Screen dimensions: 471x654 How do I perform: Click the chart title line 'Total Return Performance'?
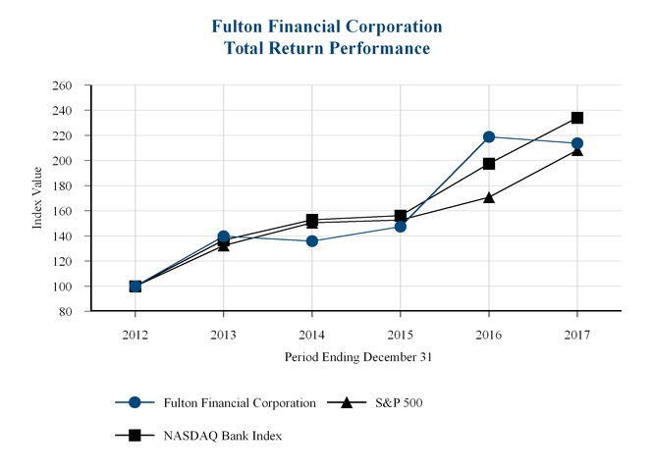click(327, 47)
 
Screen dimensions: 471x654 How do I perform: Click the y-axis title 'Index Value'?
click(38, 198)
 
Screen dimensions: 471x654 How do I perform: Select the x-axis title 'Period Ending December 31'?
click(358, 357)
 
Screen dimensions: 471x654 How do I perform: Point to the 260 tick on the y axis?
click(62, 85)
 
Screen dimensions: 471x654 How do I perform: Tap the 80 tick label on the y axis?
click(66, 312)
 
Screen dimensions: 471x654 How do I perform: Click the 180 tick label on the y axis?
click(62, 186)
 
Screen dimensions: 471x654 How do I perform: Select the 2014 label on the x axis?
click(312, 334)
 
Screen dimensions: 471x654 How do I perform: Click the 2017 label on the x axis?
click(577, 334)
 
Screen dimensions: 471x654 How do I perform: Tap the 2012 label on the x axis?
click(136, 334)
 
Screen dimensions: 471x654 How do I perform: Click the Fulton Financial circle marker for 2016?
click(489, 136)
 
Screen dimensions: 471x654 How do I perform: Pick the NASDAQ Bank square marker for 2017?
click(577, 118)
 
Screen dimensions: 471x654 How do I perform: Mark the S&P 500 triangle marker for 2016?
click(489, 197)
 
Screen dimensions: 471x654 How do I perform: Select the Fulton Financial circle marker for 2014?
click(312, 240)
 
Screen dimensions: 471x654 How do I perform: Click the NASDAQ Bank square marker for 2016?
click(489, 164)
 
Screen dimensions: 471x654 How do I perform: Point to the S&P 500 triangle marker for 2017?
click(577, 150)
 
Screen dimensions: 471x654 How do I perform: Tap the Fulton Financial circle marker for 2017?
click(577, 143)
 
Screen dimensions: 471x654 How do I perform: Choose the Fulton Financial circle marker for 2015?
click(401, 227)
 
